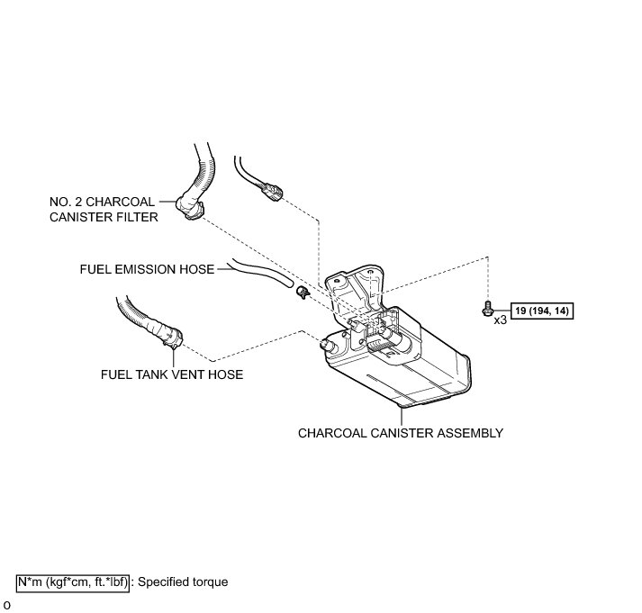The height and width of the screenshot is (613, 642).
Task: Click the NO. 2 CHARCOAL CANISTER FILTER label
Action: tap(102, 209)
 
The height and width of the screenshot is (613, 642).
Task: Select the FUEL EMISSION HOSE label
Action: tap(147, 269)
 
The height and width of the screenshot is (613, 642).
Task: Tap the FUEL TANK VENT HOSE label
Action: tap(172, 374)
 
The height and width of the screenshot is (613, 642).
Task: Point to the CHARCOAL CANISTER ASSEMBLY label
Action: tap(400, 433)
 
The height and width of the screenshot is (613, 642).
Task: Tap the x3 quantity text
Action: tap(500, 319)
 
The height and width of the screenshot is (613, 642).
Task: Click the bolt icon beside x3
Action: tap(487, 310)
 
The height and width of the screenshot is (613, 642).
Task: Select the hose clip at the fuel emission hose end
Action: tap(301, 292)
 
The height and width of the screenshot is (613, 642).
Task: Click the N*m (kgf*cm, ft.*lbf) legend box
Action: tap(73, 581)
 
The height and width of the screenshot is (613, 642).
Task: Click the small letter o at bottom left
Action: tap(6, 604)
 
